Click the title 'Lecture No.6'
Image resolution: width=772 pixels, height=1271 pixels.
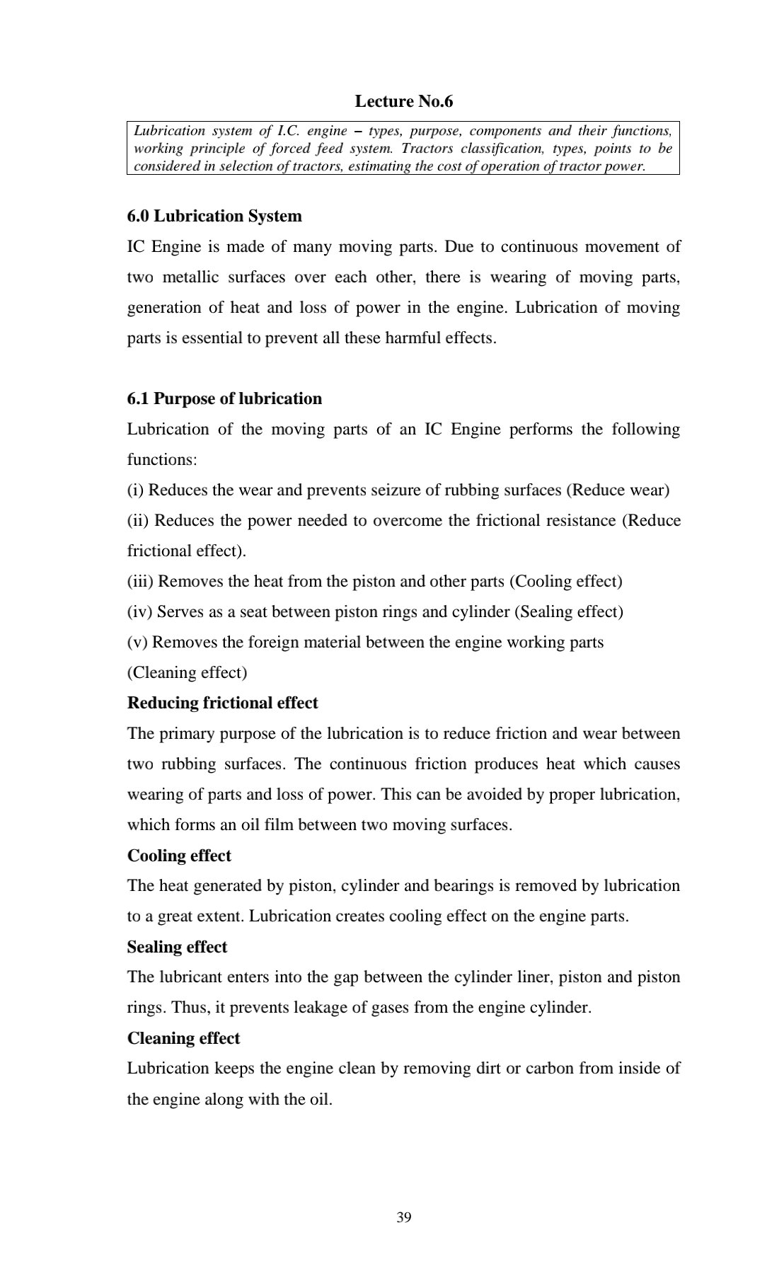pos(403,101)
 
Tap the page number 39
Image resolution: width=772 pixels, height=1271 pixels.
pos(404,1217)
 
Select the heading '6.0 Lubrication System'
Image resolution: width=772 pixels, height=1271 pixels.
pos(214,216)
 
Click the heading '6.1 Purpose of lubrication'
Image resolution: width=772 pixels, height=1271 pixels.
pos(224,398)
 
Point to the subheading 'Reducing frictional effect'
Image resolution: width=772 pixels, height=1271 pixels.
pos(222,703)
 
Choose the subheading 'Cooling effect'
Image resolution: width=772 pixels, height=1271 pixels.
pos(179,856)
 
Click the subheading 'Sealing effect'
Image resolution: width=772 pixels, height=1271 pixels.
pos(177,947)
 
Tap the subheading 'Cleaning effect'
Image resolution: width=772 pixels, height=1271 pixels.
pos(183,1038)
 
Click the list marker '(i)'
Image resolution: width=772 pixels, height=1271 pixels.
pos(136,490)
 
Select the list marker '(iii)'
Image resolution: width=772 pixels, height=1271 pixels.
pos(141,581)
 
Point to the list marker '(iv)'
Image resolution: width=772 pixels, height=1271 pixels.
pos(140,611)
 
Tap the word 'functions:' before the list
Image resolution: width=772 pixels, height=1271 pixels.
pos(162,459)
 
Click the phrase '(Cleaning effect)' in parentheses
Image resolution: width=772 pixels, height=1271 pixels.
pos(187,672)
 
